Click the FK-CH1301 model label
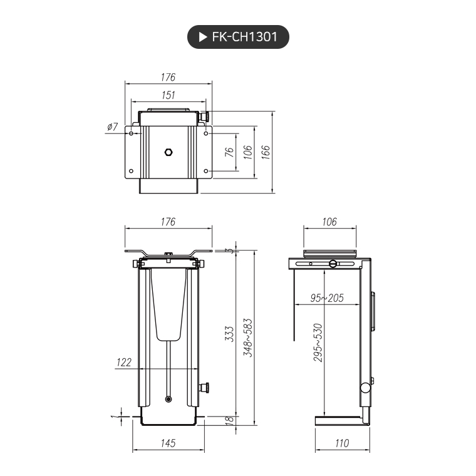(x=245, y=38)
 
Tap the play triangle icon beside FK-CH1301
(x=202, y=38)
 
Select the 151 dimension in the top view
(x=168, y=95)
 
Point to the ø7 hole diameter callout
(x=113, y=127)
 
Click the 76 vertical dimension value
(x=229, y=152)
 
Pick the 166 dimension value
(x=266, y=152)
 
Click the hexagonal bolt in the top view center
(x=168, y=152)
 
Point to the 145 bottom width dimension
(x=167, y=443)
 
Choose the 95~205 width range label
(x=327, y=298)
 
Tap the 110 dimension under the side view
(x=341, y=443)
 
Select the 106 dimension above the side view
(x=329, y=222)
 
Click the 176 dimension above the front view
(x=168, y=222)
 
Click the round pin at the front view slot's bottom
(x=168, y=399)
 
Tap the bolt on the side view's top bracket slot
(x=333, y=264)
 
